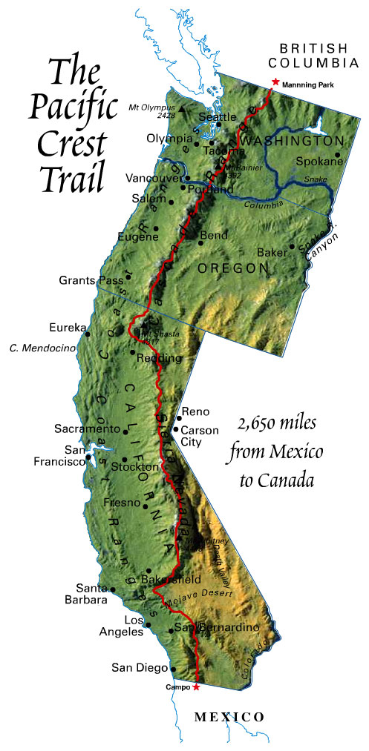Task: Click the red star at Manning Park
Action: (275, 82)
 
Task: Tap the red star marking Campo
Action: (196, 687)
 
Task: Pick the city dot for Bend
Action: (200, 242)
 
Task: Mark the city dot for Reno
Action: (179, 418)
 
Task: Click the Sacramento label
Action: (86, 429)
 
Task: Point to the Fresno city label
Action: (123, 502)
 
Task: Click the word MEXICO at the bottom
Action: (229, 717)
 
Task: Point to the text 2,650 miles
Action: (277, 423)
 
